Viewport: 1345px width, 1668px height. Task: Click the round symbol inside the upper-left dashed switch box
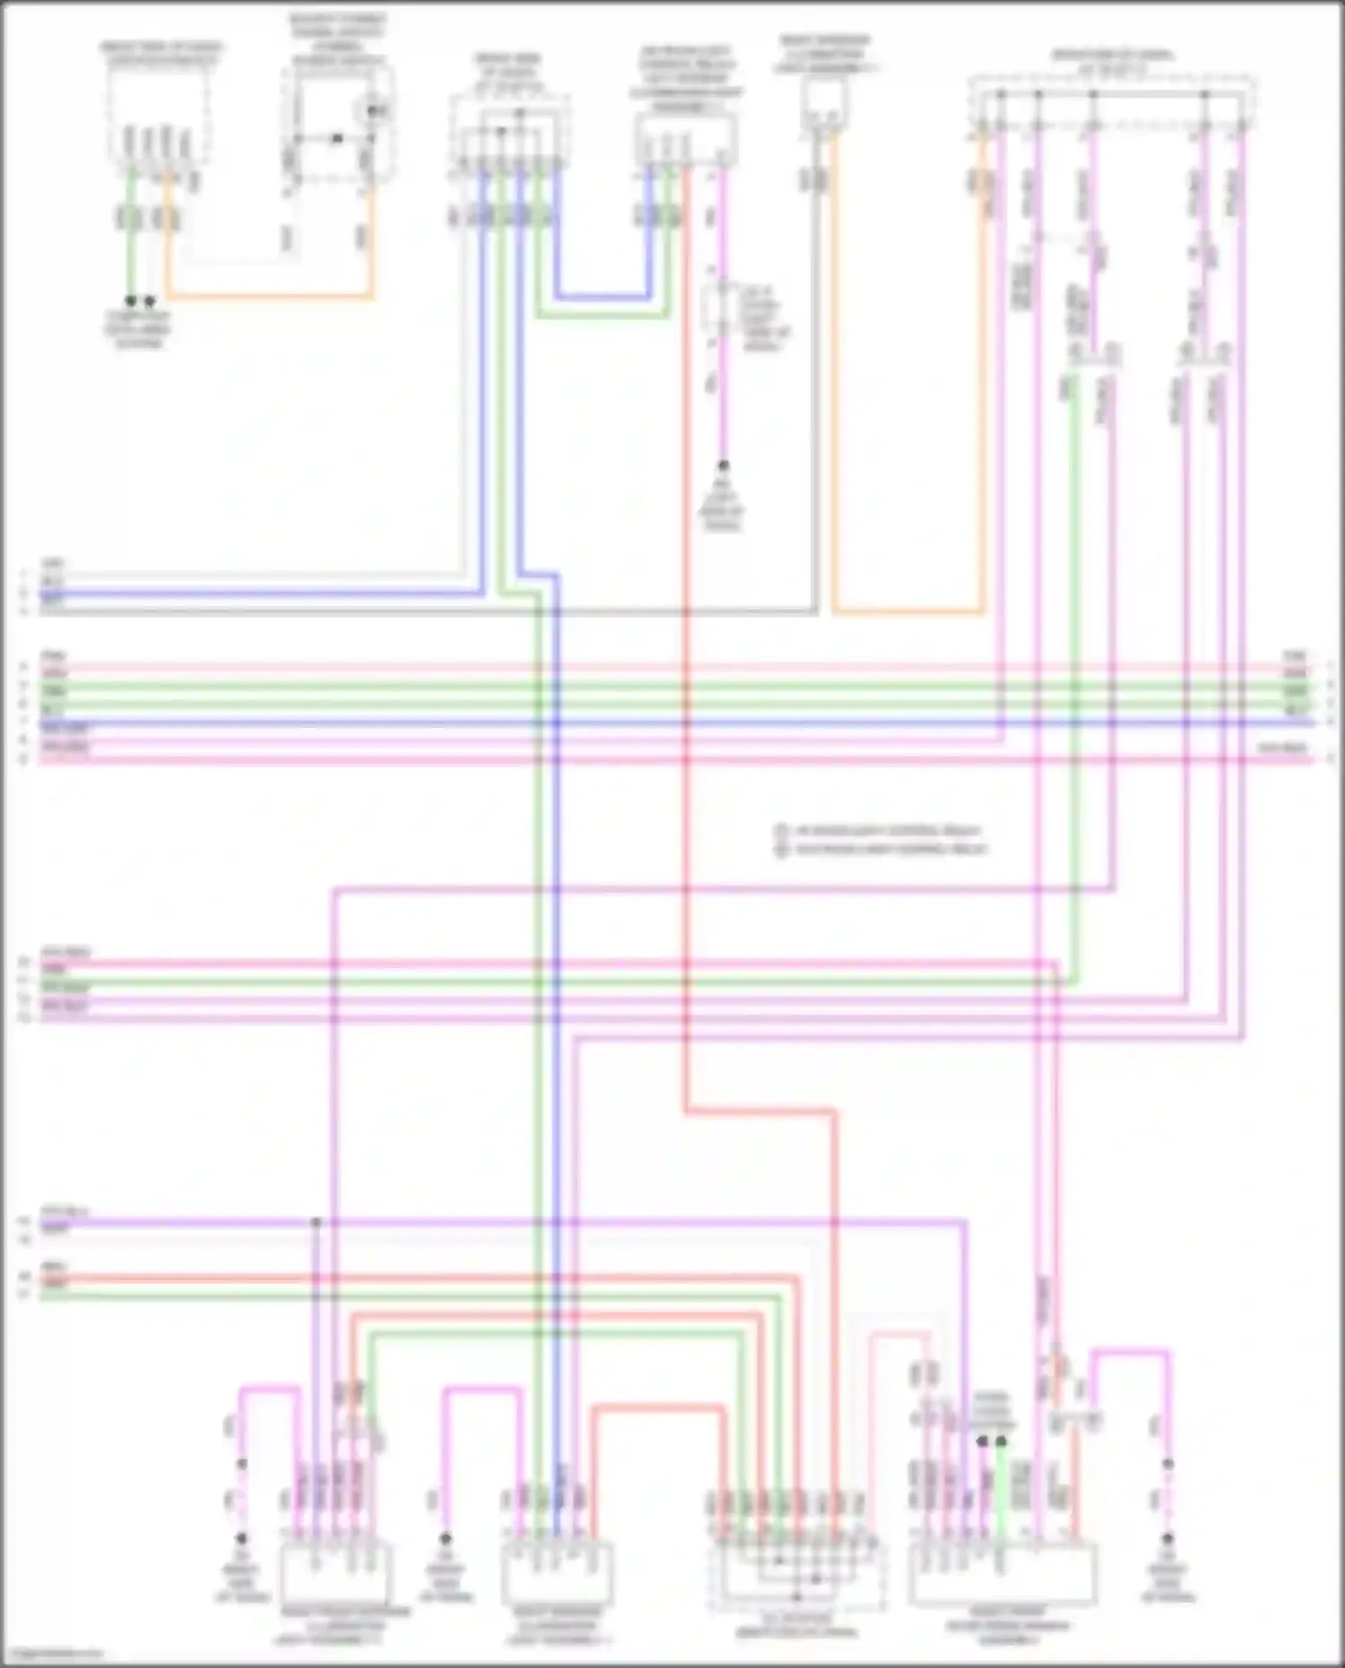click(x=373, y=109)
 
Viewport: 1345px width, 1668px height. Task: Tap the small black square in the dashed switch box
click(x=336, y=138)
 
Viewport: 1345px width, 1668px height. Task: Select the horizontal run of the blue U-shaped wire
click(x=603, y=296)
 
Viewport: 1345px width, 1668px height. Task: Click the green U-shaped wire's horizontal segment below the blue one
click(x=603, y=315)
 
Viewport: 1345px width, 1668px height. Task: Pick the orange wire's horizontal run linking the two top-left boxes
click(x=269, y=295)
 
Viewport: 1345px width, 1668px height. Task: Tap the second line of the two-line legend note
click(x=882, y=849)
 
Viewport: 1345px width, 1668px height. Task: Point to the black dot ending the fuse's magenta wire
click(x=722, y=466)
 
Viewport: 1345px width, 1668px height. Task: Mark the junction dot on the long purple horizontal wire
click(x=316, y=1222)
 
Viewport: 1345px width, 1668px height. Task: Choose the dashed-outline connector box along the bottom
click(x=796, y=1577)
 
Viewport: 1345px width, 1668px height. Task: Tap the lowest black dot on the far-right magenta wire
click(x=1167, y=1538)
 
